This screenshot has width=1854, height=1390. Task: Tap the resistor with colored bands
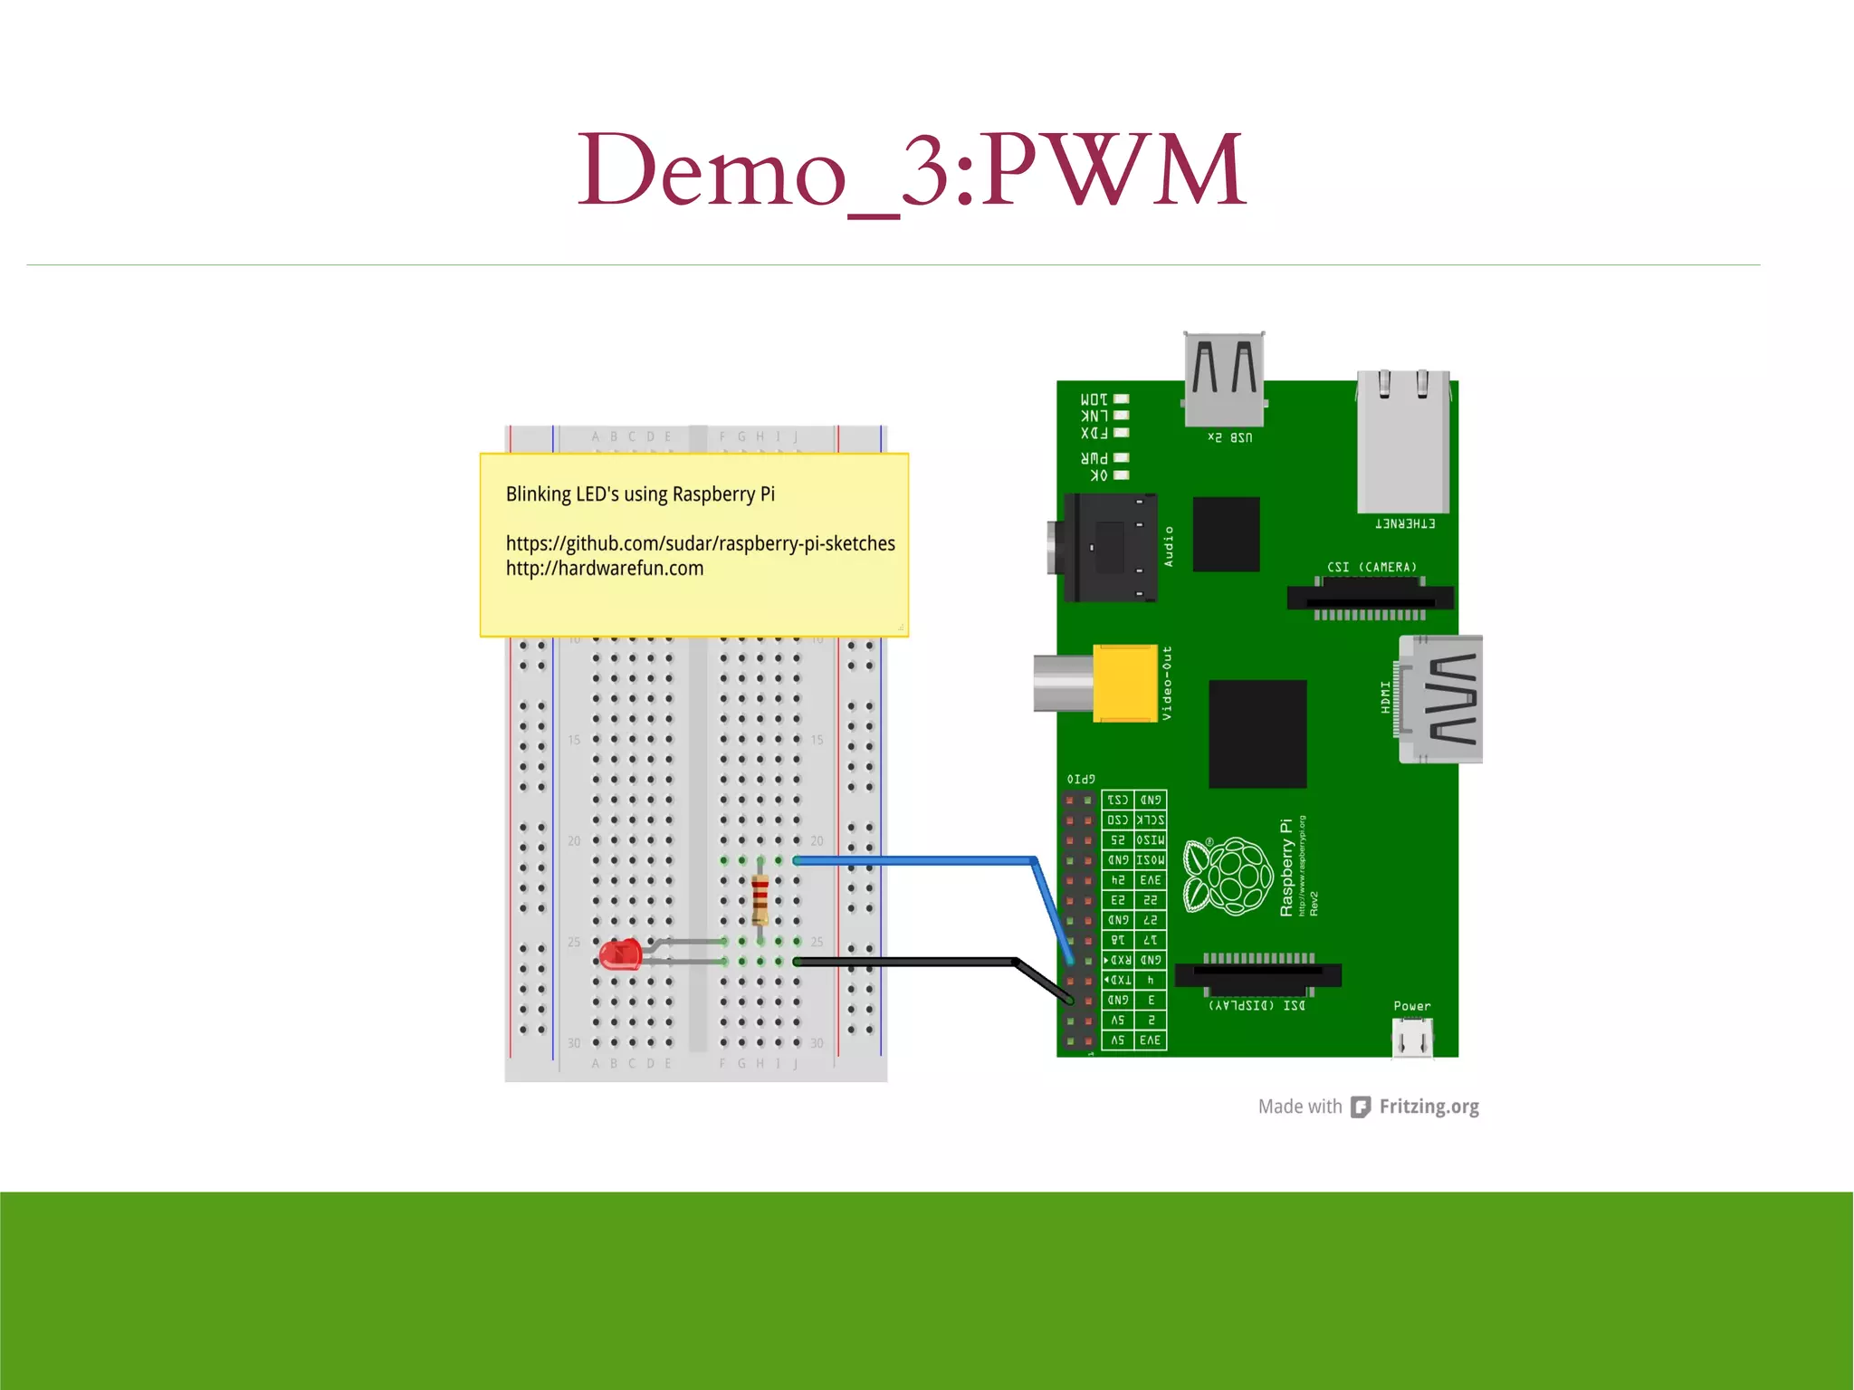760,898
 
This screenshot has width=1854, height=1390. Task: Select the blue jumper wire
914,860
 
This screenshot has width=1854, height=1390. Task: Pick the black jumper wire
905,962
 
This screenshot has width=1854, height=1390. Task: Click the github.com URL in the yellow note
700,543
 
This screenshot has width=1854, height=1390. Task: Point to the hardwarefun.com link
604,569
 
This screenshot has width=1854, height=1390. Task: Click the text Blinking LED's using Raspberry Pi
640,494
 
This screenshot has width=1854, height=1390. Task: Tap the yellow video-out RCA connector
1124,683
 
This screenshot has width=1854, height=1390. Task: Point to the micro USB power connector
1411,1037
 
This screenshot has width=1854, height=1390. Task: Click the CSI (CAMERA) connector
1370,597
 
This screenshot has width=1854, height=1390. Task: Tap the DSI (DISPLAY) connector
1257,975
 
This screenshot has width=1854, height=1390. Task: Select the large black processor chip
1257,733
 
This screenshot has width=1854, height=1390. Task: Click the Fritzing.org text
1429,1107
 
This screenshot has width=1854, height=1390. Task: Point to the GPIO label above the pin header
1081,779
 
